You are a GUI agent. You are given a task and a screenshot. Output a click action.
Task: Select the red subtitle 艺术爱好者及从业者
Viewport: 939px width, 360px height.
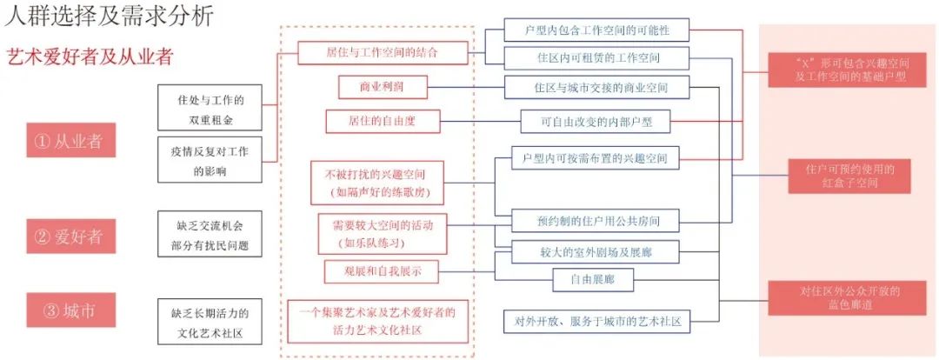(90, 57)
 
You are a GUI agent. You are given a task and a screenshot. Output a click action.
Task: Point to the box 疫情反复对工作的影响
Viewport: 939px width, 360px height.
(210, 159)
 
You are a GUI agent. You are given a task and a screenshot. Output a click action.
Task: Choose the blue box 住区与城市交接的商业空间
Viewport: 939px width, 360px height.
(598, 88)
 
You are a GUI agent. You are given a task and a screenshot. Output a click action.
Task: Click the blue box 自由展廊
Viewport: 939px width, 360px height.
(594, 279)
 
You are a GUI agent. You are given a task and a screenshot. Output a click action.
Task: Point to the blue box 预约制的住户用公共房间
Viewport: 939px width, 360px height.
(594, 221)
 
